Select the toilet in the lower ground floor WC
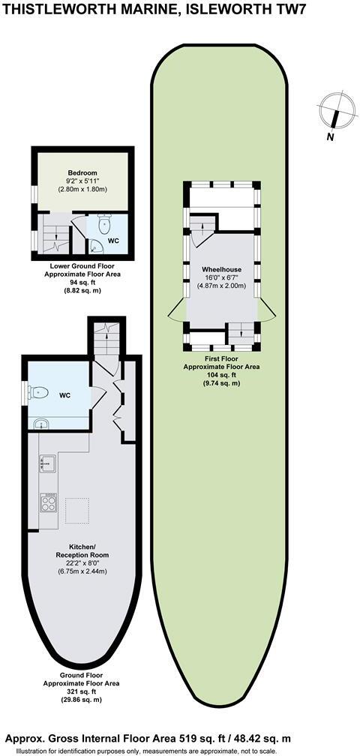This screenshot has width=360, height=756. click(x=105, y=223)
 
